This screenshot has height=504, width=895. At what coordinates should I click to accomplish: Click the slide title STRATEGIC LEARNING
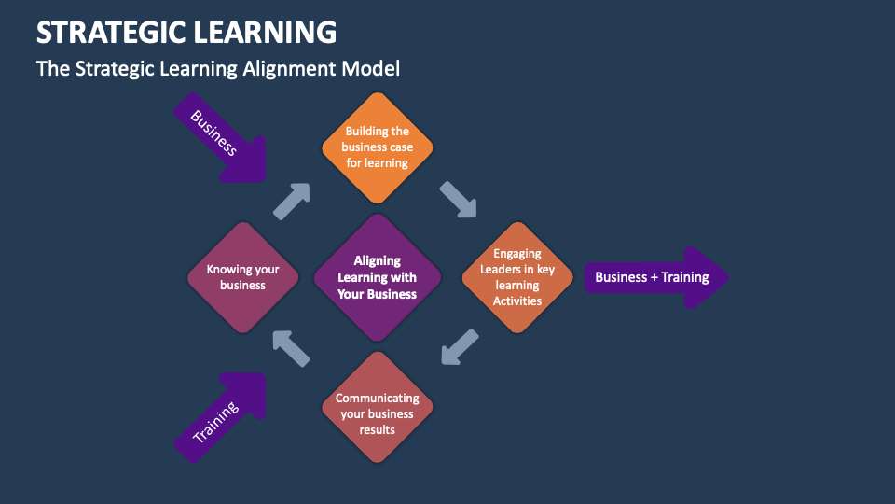(186, 32)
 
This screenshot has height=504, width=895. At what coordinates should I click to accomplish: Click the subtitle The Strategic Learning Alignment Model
(218, 69)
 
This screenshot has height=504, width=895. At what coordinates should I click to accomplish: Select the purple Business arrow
(221, 140)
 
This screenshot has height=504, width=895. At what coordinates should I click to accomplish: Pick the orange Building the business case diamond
(377, 147)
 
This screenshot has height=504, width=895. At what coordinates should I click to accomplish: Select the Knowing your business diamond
(242, 277)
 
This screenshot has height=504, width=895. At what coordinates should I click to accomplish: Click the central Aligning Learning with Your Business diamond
(378, 277)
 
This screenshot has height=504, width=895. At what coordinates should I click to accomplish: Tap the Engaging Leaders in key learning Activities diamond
(517, 277)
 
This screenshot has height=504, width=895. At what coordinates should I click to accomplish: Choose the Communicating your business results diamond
(378, 408)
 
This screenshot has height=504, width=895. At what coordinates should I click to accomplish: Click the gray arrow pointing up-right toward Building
(291, 201)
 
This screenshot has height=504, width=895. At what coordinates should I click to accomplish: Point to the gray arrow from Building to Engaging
(458, 200)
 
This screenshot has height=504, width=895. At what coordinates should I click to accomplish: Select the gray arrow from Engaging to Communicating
(460, 346)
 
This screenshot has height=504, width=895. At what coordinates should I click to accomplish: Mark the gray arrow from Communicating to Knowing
(291, 347)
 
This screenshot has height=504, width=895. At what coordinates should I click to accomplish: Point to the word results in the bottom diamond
(378, 429)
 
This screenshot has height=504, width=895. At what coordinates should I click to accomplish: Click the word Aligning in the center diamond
(378, 261)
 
